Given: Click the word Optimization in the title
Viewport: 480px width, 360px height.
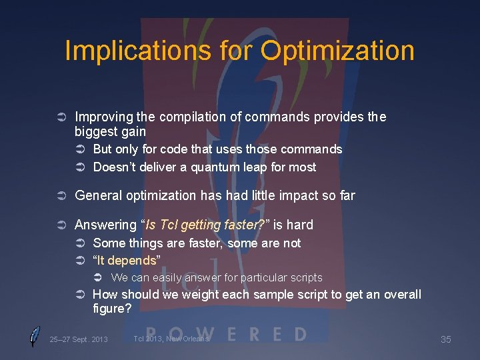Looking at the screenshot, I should click(337, 51).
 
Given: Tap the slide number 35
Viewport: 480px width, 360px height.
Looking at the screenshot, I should click(446, 340).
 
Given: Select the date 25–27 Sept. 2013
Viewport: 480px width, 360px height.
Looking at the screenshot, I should click(78, 340).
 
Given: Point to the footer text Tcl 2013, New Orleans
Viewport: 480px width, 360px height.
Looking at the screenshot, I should click(171, 339).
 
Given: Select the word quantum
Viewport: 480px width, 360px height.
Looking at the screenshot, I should click(216, 167).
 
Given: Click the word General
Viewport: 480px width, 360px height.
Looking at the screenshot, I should click(98, 195).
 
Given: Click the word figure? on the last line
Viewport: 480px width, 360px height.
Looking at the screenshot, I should click(112, 309).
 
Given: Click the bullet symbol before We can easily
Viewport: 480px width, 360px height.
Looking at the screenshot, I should click(97, 277).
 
